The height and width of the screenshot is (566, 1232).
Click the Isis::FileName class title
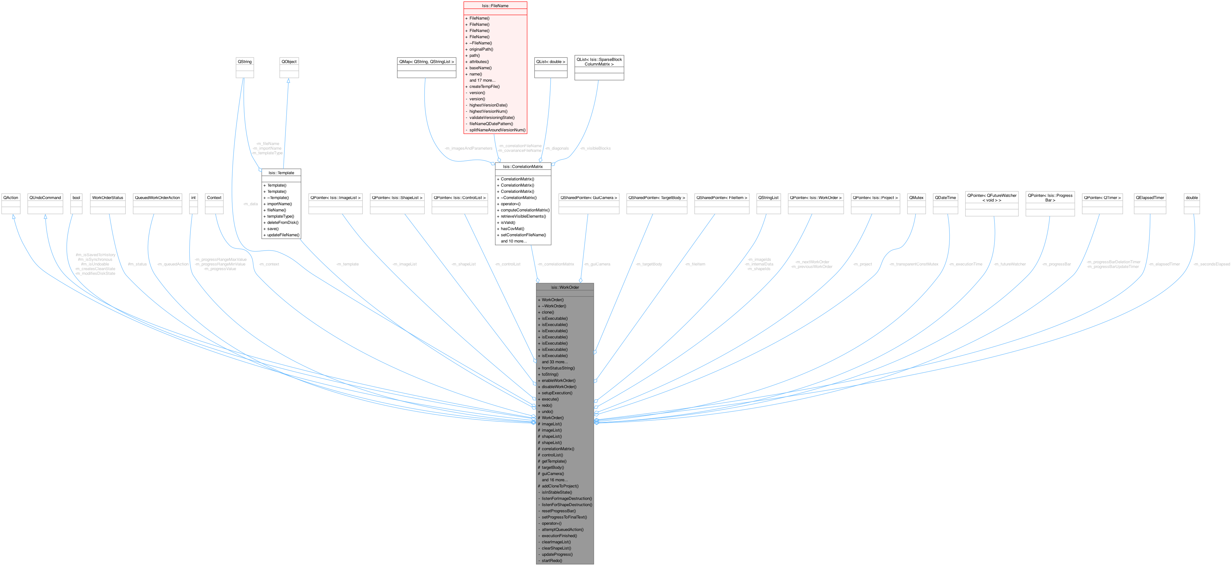point(495,6)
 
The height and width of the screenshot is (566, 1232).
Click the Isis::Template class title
point(281,173)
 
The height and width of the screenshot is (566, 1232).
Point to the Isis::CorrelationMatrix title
point(523,166)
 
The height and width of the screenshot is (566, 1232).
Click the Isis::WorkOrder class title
point(565,287)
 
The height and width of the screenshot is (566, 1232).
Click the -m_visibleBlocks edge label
point(595,148)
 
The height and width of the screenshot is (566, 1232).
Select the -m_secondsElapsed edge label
point(1211,264)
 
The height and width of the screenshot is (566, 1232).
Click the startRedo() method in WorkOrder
point(552,561)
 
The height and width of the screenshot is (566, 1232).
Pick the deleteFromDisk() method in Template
point(283,222)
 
